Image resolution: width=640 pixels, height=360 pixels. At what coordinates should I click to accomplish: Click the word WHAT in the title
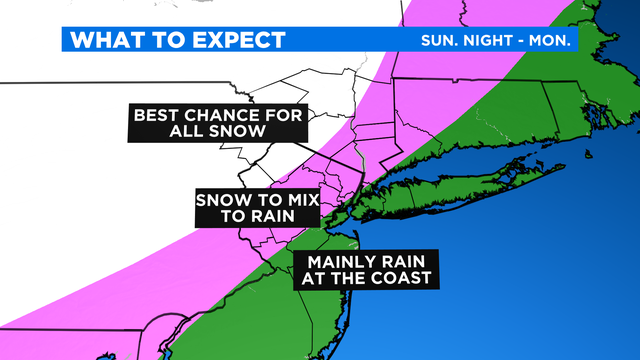[104, 41]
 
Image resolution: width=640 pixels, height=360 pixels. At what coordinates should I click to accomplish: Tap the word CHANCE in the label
[226, 115]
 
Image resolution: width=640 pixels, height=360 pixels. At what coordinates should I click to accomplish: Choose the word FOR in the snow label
[285, 115]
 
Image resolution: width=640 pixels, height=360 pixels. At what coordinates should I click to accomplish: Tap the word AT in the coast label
[310, 278]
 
